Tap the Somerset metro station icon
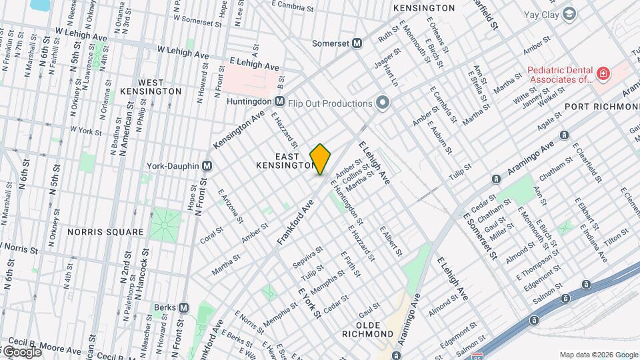[x=357, y=43]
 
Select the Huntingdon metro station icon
[x=280, y=101]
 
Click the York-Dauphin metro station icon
[x=207, y=165]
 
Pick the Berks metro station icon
[x=183, y=307]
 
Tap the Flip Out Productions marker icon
[x=382, y=103]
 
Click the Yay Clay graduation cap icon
[x=569, y=13]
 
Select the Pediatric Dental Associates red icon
[x=603, y=73]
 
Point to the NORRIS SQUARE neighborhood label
[x=105, y=232]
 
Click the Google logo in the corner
[x=21, y=351]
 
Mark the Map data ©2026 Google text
[x=597, y=355]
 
